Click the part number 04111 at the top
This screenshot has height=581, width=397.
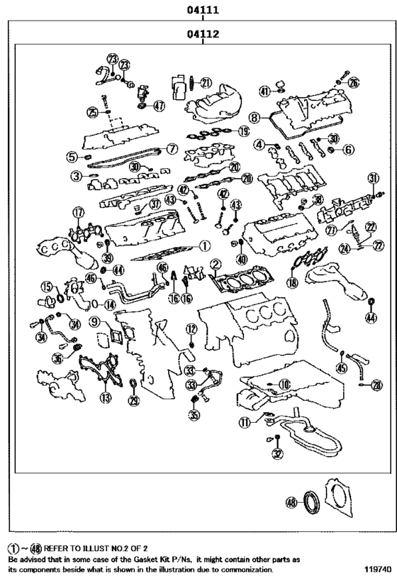click(202, 11)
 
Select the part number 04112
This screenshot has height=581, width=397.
click(202, 33)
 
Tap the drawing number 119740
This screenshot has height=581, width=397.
click(377, 570)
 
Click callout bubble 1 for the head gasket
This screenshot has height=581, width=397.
click(204, 246)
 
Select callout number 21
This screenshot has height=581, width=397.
click(206, 82)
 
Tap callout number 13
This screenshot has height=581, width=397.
click(106, 398)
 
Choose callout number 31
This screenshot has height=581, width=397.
click(373, 178)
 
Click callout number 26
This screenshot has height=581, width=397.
click(353, 83)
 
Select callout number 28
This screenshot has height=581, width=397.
click(376, 385)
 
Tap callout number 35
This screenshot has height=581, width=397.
click(194, 415)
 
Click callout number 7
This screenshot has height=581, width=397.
click(172, 149)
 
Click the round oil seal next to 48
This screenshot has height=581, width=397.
click(312, 503)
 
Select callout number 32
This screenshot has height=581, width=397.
click(277, 454)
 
